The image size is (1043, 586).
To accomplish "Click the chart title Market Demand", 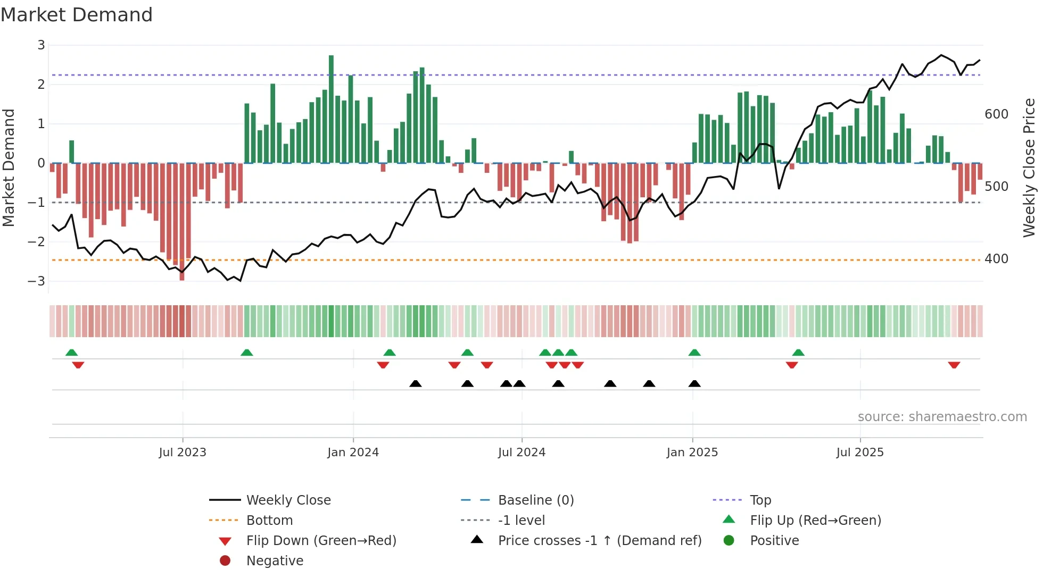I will tap(77, 15).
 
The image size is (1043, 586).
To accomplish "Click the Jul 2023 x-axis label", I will tap(183, 453).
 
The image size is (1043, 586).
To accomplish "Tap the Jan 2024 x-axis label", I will tap(353, 453).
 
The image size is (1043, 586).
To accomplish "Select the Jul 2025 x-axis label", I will tap(860, 453).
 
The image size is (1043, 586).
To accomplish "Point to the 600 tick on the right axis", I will tap(996, 114).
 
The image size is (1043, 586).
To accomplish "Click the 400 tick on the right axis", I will tap(996, 259).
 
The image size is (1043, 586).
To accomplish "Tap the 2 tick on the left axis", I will tap(41, 84).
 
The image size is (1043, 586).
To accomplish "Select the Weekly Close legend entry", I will tap(288, 500).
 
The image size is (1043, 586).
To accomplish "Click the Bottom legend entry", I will tap(269, 521).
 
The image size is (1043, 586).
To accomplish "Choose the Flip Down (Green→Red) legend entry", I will tap(321, 541).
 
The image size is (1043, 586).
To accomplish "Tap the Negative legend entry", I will tap(275, 561).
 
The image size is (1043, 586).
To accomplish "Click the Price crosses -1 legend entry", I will tap(599, 541).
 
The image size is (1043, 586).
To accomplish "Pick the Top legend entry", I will tap(760, 500).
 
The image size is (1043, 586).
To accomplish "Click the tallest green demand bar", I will tap(331, 109).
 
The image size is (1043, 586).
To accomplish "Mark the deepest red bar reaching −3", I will tap(182, 223).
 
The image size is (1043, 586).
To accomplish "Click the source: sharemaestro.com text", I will tap(942, 417).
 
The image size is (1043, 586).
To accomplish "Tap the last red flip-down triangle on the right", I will tap(954, 365).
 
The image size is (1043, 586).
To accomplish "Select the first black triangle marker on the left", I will tap(416, 383).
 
